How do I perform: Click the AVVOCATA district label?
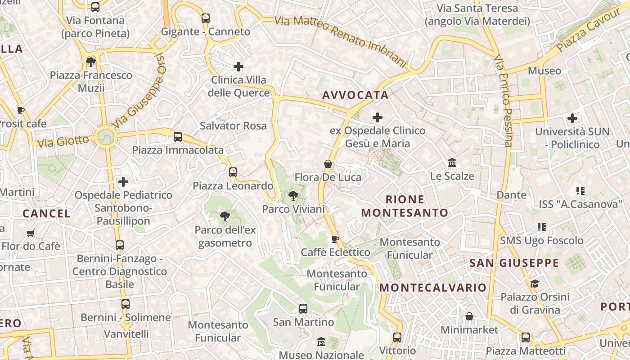coord(355,95)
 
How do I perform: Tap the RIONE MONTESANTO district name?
coord(405,206)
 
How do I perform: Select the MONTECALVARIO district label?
coord(433,288)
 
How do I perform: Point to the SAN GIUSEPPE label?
coord(514,263)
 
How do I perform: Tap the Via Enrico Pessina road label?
coord(504,101)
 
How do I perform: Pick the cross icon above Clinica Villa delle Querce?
coord(238,67)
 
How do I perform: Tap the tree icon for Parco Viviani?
coord(293,196)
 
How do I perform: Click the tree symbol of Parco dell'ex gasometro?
coord(225,216)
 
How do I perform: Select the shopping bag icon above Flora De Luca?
coord(328,164)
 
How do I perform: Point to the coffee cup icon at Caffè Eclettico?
coord(335,239)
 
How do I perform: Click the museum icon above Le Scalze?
coord(452,162)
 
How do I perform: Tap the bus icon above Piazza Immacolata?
coord(178,136)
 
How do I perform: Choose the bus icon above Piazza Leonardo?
coord(233,172)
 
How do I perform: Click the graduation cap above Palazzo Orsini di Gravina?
coord(535,283)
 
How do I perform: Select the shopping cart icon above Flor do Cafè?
coord(31,233)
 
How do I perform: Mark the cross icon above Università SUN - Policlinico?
coord(572,118)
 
